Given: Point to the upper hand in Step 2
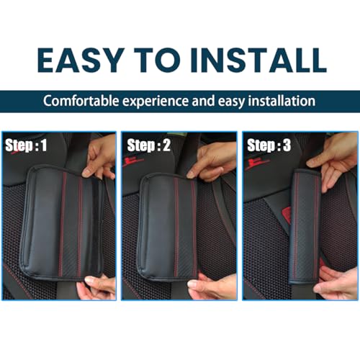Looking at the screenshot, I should (x=216, y=160).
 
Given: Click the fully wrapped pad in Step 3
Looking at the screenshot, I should (x=305, y=223).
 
